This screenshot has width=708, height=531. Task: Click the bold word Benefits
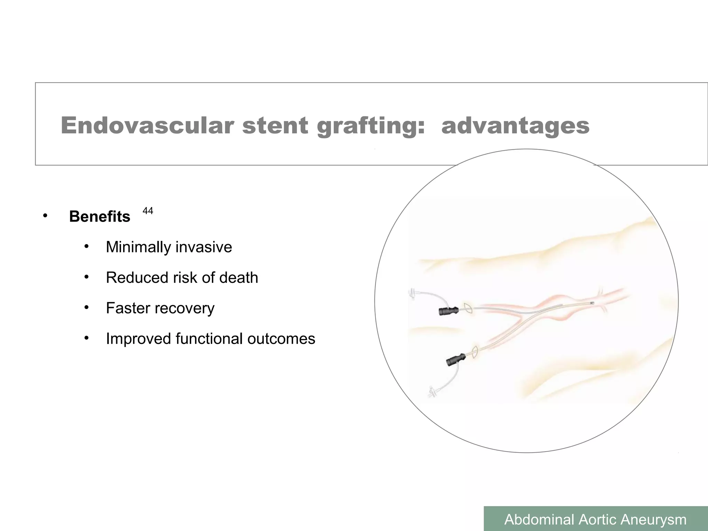100,217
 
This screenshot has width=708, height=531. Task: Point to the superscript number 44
148,211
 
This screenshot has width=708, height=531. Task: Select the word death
239,278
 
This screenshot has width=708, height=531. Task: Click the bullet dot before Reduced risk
86,277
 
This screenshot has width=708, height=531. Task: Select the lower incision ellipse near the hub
475,352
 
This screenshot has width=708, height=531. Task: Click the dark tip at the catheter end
592,303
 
